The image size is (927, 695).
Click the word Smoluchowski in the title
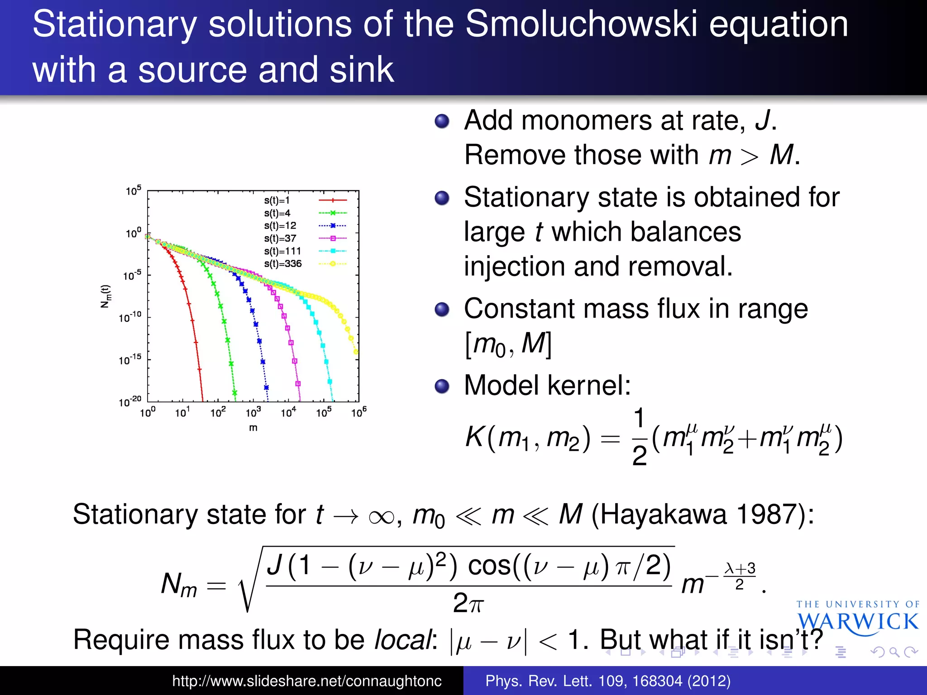point(581,24)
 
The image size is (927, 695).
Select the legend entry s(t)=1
point(277,200)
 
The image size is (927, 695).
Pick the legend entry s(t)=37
point(280,238)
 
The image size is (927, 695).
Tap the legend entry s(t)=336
point(282,263)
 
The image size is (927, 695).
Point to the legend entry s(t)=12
point(280,225)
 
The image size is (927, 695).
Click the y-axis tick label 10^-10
point(130,317)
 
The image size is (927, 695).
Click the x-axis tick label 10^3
point(253,412)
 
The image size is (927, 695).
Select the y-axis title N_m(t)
point(105,296)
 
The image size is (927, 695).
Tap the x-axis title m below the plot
point(253,428)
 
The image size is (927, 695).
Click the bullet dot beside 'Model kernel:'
point(442,386)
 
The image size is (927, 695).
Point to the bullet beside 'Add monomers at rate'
point(442,121)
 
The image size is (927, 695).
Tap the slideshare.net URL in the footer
point(306,681)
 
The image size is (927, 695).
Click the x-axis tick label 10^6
point(358,412)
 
